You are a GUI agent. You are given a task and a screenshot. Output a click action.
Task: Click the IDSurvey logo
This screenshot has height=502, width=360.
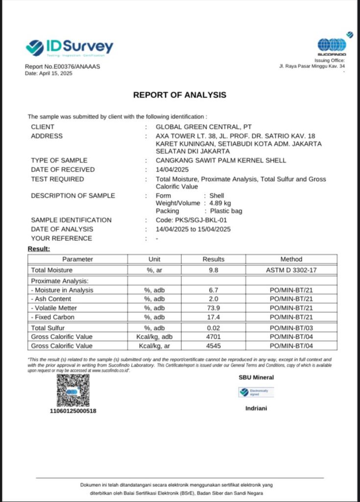[69, 48]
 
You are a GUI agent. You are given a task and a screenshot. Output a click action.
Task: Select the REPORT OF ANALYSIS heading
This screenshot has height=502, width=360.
[180, 95]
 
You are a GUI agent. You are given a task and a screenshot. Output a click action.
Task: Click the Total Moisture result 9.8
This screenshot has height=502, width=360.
[213, 270]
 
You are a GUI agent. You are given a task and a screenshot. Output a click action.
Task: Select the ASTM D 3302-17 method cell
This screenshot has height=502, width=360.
[291, 270]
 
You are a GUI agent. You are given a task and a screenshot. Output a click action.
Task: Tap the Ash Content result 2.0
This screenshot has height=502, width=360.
[213, 299]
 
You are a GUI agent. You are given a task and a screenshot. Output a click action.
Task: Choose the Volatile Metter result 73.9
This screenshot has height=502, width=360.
[213, 308]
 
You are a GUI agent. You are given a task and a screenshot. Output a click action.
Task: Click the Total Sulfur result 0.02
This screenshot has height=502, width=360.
[213, 327]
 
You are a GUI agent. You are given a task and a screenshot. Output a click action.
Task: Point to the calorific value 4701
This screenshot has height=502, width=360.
[213, 337]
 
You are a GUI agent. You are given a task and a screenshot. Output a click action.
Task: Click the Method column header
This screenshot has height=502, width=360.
[291, 259]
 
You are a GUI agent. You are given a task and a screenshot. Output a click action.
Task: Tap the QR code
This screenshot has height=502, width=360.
[73, 391]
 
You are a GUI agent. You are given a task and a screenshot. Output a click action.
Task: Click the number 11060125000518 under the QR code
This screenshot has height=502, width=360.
[73, 411]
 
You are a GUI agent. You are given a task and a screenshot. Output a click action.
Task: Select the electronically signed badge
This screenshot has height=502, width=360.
[256, 392]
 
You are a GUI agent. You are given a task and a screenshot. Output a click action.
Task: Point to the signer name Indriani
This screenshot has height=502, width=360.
[256, 408]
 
